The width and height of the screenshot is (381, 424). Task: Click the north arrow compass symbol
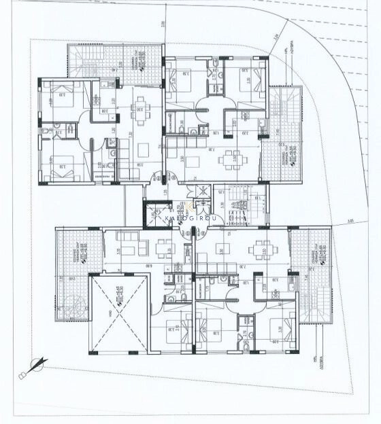pos(34,367)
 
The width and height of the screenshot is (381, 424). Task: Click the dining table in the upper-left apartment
pos(140,105)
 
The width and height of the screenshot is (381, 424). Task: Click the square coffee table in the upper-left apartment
pos(143,150)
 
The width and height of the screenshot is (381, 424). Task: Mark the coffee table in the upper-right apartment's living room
pos(193,161)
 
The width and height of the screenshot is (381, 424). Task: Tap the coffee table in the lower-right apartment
pos(221,248)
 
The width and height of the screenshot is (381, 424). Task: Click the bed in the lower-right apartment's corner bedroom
pos(278,331)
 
